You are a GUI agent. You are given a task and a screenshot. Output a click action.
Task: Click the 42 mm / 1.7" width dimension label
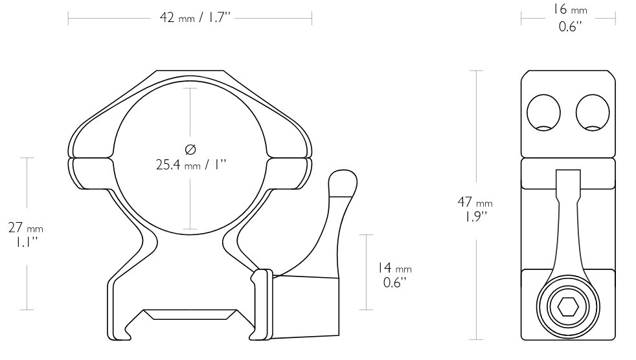195,18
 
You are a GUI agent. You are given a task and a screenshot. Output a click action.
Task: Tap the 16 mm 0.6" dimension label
571,18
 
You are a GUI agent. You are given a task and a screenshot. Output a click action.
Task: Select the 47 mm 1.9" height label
475,208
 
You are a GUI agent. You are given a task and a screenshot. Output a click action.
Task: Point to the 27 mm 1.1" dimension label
26,234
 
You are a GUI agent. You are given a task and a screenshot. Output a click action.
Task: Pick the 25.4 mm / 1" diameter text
190,164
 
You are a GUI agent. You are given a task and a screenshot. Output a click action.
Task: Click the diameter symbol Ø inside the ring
190,149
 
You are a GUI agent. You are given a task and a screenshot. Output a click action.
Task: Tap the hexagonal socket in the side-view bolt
568,309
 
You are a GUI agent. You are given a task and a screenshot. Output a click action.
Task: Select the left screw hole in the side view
543,113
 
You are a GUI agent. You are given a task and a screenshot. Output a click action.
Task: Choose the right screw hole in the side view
593,113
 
